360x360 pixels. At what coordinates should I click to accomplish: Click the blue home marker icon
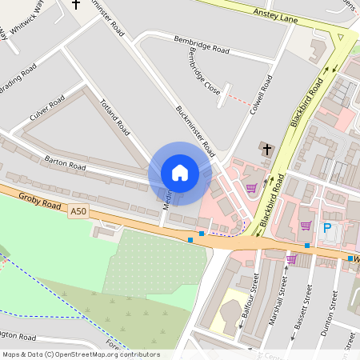(x=180, y=173)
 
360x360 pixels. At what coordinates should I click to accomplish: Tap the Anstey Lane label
(x=274, y=13)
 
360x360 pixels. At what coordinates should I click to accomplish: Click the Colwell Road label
(x=261, y=94)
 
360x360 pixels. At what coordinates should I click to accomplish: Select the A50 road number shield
(x=77, y=211)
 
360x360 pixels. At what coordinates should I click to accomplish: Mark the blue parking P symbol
(x=327, y=228)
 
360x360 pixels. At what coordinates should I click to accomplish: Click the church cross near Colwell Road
(x=267, y=148)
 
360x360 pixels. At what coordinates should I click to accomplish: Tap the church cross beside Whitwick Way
(x=76, y=4)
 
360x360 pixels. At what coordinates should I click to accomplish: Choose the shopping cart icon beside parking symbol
(x=306, y=226)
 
